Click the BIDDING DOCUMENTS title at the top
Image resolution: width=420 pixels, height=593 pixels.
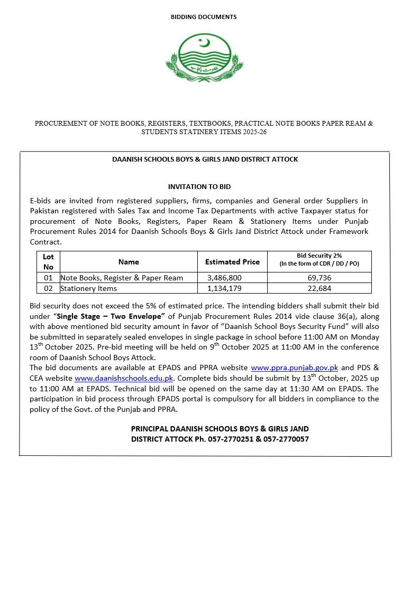point(204,17)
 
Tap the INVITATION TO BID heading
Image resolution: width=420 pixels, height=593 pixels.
point(199,186)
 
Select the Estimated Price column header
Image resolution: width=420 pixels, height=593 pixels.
point(232,262)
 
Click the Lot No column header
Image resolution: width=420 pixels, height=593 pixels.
point(48,262)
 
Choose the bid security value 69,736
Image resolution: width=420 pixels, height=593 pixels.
point(319,278)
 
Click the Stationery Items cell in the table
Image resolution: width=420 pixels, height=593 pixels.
point(89,288)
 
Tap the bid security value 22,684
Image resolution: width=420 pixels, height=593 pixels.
point(319,288)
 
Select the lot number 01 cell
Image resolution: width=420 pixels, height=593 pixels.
point(48,278)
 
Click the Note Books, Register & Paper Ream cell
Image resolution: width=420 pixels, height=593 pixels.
point(122,278)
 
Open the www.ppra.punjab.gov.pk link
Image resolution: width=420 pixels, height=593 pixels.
point(294,368)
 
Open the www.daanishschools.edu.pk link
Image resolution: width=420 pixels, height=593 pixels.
point(124,378)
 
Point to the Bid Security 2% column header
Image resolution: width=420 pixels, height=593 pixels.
point(319,259)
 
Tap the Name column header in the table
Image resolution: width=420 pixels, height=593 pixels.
point(129,262)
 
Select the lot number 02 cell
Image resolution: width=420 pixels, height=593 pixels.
point(48,288)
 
